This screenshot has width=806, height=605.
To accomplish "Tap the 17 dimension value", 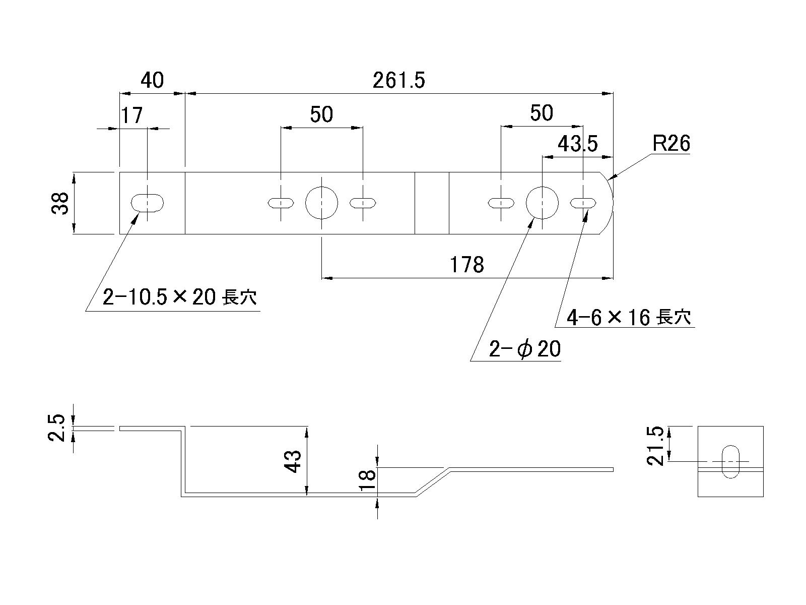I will pyautogui.click(x=131, y=115).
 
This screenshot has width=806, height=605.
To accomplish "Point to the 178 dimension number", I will pyautogui.click(x=466, y=265).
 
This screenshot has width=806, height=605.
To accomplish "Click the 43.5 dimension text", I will pyautogui.click(x=577, y=145).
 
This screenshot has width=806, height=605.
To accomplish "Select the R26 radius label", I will pyautogui.click(x=671, y=144).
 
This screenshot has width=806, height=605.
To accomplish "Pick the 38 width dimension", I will pyautogui.click(x=61, y=203).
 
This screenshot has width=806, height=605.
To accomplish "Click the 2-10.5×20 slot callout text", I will pyautogui.click(x=179, y=297).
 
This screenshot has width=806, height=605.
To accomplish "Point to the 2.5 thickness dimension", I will pyautogui.click(x=57, y=428).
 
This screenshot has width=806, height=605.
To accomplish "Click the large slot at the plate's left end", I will pyautogui.click(x=147, y=203).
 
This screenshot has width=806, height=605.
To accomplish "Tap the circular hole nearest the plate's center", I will pyautogui.click(x=322, y=203).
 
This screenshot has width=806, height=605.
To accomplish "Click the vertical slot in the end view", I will pyautogui.click(x=730, y=461).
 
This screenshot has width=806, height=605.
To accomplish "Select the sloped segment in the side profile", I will pyautogui.click(x=432, y=481).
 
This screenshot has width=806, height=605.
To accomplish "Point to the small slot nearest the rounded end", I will pyautogui.click(x=583, y=203).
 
